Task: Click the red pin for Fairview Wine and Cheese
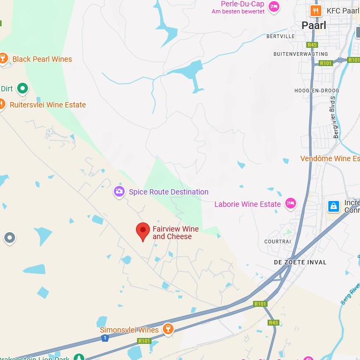(142, 232)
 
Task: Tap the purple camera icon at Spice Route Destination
(119, 191)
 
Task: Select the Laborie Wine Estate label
(248, 204)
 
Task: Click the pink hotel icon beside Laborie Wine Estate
(291, 203)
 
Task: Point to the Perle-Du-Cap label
(238, 5)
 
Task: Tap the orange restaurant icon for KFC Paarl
(315, 10)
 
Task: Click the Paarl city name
(314, 25)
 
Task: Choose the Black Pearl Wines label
(42, 59)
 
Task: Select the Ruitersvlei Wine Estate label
(48, 105)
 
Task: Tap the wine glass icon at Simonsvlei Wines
(168, 329)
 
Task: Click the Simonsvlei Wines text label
(129, 330)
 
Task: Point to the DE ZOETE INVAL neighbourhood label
(300, 262)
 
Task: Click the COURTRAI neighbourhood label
(278, 242)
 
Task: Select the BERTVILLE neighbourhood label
(280, 37)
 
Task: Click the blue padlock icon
(334, 206)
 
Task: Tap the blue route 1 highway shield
(104, 338)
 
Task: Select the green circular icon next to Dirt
(23, 88)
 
